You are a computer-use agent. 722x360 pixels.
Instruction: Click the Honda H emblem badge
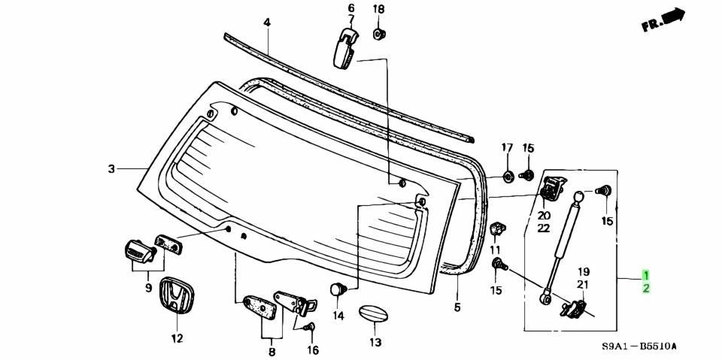pos(177,295)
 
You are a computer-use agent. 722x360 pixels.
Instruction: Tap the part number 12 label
pos(177,339)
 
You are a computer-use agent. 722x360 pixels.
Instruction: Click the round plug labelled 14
pos(338,289)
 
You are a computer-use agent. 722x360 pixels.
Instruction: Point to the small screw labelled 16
pos(309,328)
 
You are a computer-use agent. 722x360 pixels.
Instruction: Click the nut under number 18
pos(379,34)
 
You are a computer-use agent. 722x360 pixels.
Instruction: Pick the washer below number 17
pos(508,177)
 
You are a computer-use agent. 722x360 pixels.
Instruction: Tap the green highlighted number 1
pos(647,276)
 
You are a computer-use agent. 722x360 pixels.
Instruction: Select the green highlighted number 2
pos(647,289)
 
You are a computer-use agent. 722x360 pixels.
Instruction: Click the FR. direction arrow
pos(664,20)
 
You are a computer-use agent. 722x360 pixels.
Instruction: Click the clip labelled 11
pos(496,228)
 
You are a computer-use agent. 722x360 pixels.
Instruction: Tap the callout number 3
pos(111,169)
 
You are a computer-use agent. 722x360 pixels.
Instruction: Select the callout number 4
pos(267,22)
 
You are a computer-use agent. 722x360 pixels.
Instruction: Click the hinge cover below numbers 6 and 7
pos(346,48)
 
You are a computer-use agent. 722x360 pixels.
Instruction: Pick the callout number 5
pos(457,307)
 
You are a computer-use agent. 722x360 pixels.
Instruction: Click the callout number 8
pos(272,352)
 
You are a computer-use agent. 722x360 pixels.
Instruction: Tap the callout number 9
pos(149,288)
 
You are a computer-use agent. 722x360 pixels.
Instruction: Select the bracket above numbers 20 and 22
pos(552,189)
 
